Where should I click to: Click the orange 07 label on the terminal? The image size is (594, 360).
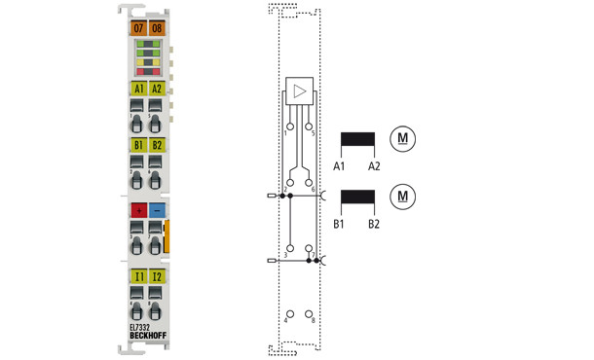point(138,28)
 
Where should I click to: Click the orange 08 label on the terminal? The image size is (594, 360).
point(157,28)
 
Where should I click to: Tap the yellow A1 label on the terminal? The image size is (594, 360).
point(138,89)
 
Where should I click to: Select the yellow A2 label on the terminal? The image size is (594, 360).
point(157,89)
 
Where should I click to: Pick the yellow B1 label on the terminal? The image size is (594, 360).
point(138,146)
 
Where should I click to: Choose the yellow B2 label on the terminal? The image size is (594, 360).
point(157,146)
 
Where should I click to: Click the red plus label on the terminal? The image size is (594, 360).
point(138,209)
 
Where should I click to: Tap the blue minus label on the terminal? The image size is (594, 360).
point(157,209)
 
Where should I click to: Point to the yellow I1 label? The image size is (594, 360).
point(138,277)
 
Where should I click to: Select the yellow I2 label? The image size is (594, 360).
point(157,277)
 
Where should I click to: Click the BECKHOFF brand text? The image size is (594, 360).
point(147,336)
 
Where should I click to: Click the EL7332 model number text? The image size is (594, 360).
point(141,327)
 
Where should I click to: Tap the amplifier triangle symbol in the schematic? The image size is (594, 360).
point(299,94)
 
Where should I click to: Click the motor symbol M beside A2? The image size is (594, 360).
point(400,138)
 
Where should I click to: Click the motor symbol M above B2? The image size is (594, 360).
point(400,198)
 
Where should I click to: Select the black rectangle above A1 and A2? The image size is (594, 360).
point(359,141)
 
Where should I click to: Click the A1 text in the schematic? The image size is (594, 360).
point(340,166)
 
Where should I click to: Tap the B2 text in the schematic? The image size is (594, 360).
point(374,225)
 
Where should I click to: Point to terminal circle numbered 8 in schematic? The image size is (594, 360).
point(310,316)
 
